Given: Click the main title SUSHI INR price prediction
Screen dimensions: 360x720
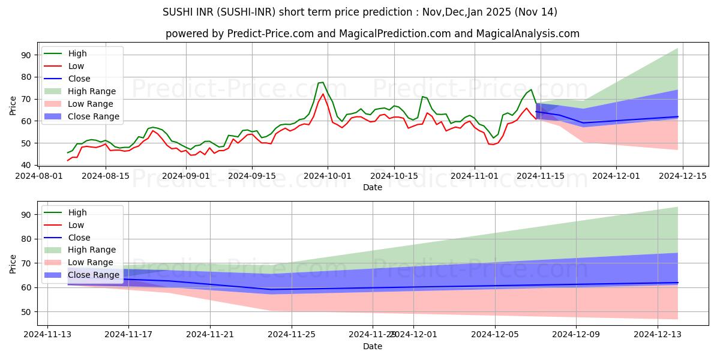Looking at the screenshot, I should [360, 12].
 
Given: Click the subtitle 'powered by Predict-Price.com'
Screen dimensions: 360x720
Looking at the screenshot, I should [372, 34].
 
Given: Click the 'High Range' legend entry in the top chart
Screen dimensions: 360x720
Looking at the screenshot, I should [92, 91].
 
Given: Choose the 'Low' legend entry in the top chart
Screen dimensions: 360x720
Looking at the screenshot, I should [76, 66].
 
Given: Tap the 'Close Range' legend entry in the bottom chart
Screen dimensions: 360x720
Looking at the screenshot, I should [94, 275].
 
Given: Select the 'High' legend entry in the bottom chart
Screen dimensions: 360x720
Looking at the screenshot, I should [77, 212].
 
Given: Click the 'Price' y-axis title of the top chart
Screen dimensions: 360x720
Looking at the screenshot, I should [13, 105].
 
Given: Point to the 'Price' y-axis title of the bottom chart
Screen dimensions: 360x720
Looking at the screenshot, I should [13, 263].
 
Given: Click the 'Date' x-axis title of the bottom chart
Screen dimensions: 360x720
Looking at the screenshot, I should [373, 346].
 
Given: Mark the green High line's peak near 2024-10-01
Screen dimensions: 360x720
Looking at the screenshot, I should [323, 82].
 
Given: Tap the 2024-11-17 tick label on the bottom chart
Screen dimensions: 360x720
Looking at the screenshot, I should [128, 335].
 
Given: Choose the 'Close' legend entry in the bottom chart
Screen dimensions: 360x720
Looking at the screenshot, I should [79, 238].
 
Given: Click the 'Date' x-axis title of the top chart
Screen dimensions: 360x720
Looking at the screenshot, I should [373, 187].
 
